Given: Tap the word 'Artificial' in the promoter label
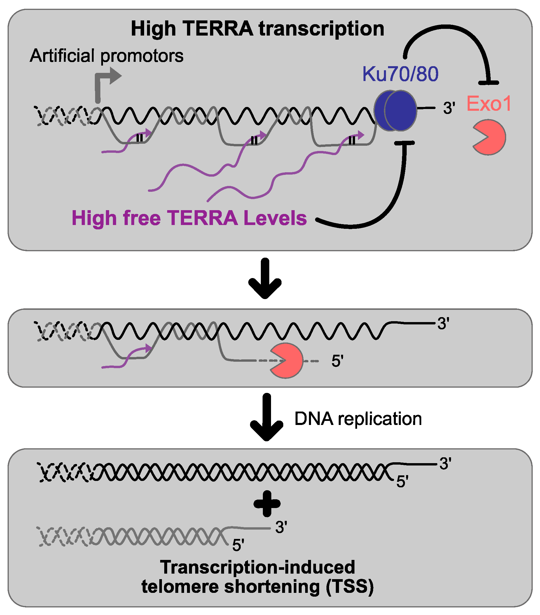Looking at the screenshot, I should pos(62,56).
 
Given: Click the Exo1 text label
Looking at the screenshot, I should pos(488,104).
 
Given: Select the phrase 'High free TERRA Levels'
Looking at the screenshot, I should pos(189,218).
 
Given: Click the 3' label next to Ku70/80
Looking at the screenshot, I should pos(448,108).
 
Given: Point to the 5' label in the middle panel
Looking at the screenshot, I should pos(337,361).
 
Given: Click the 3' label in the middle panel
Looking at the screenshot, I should pos(443,324).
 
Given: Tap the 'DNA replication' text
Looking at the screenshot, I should pos(358,419).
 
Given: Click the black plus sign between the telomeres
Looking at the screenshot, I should pos(267,504).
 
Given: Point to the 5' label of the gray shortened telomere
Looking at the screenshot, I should pos(238,545).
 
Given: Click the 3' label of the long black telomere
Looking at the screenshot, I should pos(445,464).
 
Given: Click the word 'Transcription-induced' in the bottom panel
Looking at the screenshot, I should pos(258,567).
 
